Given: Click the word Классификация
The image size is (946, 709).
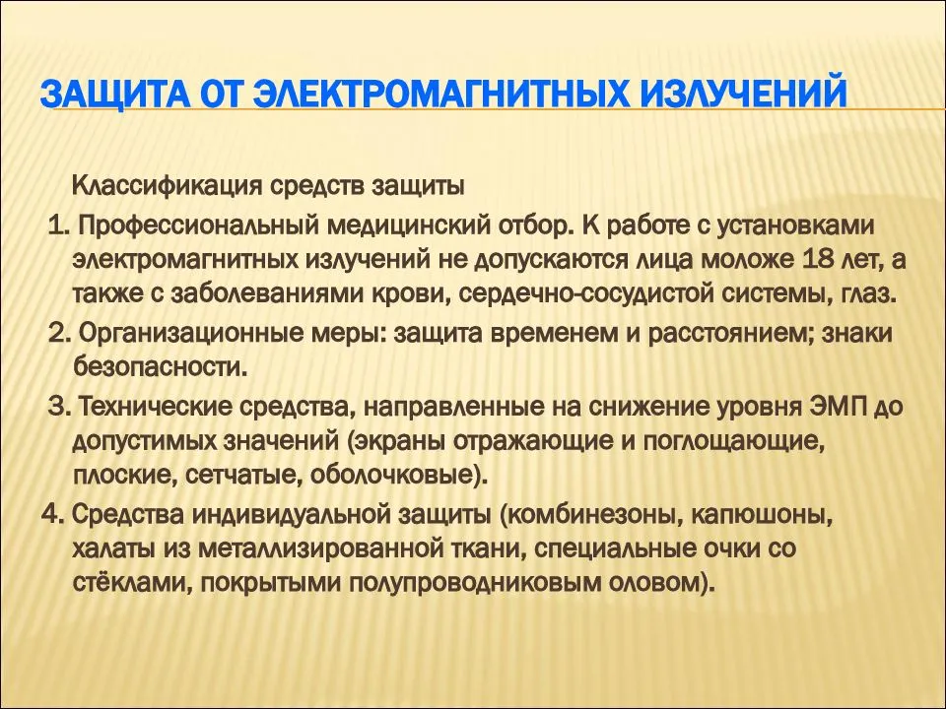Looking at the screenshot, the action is [x=167, y=186].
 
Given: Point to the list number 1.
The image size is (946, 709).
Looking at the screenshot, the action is [x=59, y=226].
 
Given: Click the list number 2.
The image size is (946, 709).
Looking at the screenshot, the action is [x=60, y=333].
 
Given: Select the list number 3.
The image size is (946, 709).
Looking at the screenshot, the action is [x=60, y=407].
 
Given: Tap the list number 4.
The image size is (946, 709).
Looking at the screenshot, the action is [x=52, y=514].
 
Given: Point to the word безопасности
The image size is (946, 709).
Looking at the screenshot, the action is [x=160, y=366].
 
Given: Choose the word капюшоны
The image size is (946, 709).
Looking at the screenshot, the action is [x=762, y=514].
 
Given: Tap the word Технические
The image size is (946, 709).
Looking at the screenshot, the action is [x=156, y=407].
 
